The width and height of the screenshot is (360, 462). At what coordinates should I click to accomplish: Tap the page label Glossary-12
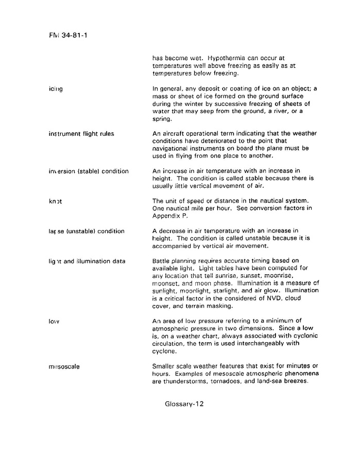pos(184,404)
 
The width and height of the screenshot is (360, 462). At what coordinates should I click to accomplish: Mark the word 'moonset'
pos(166,283)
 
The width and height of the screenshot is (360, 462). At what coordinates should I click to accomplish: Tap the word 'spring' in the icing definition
pos(162,119)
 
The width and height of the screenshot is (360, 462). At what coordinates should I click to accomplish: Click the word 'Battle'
pos(162,261)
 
